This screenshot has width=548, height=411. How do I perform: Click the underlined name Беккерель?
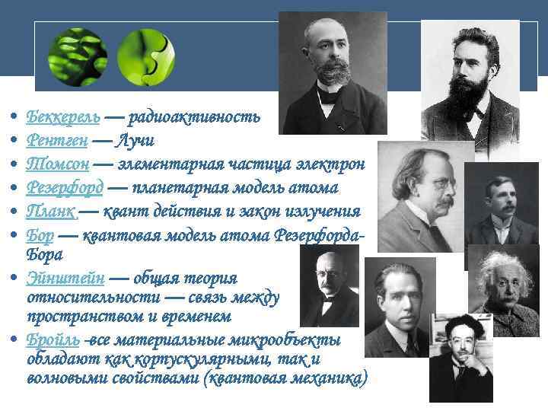pos(63,117)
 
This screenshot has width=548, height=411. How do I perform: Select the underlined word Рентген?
pos(57,141)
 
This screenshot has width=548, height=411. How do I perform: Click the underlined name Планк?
pos(50,210)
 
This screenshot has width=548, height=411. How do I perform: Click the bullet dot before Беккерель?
pos(15,118)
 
